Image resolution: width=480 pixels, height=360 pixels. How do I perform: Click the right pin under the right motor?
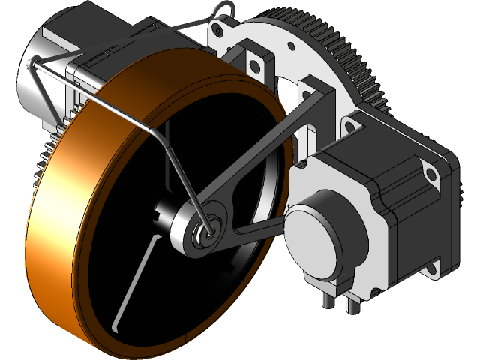pos(352,304)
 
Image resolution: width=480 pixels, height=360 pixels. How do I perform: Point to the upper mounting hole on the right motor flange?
pos(433,175)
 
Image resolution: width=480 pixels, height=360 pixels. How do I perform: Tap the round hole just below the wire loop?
pos(219,31)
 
